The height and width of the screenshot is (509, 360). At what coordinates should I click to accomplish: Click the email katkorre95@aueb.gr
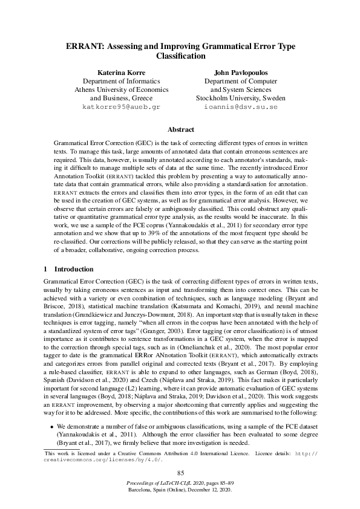[121, 106]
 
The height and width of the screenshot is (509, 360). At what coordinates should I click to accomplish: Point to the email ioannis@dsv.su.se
[241, 106]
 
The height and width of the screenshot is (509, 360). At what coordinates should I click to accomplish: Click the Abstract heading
[180, 129]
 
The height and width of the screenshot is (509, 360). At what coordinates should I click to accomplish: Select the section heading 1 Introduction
[69, 268]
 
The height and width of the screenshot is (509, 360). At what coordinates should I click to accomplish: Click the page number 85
[180, 473]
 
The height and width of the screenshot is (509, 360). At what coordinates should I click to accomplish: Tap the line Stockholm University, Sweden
[241, 98]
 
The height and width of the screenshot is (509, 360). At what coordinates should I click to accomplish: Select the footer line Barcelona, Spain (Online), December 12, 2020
[180, 493]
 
